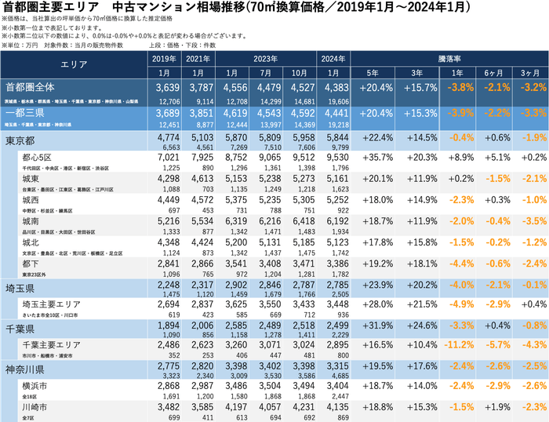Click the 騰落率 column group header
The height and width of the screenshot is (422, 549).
point(449,58)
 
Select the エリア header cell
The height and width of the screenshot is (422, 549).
point(75,65)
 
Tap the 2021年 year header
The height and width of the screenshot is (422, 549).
point(198,58)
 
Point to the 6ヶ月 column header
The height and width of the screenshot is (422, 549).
point(493,73)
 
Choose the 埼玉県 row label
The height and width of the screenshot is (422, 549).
point(22,286)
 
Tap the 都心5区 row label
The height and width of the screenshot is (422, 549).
point(39,158)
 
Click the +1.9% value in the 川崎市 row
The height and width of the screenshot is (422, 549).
point(493,407)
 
